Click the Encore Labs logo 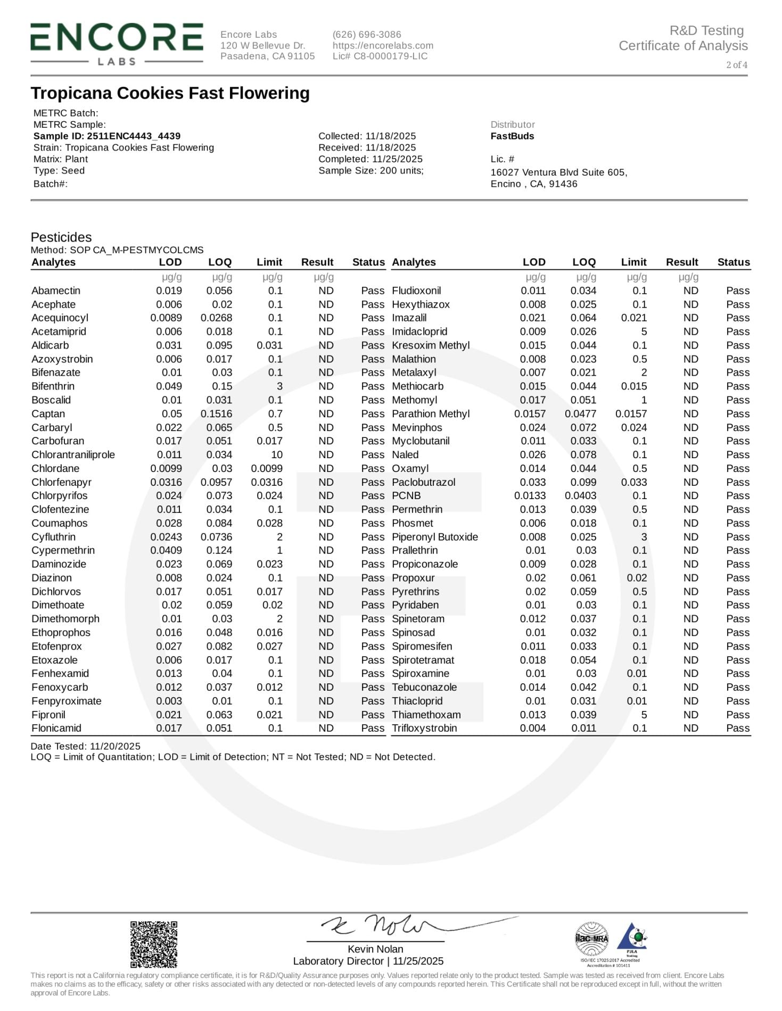117,44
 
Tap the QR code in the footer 154,944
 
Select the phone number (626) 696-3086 367,35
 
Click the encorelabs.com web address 383,46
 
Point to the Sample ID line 107,136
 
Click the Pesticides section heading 61,237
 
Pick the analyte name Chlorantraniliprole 73,455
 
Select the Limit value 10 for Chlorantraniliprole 276,455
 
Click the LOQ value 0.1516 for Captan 216,414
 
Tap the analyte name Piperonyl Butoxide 435,537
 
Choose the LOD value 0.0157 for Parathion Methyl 530,414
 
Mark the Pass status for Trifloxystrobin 737,728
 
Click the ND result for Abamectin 326,291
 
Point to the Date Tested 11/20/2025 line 86,747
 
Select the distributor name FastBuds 512,136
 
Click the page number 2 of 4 736,65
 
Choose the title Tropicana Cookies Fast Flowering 170,93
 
